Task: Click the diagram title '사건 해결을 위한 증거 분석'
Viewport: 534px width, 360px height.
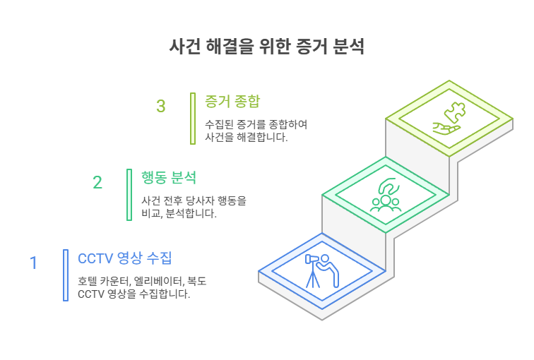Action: [x=267, y=47]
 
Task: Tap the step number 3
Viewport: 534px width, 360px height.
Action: [x=161, y=106]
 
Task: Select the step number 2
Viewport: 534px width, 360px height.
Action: [x=97, y=182]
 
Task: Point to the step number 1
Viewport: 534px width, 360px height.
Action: [x=33, y=263]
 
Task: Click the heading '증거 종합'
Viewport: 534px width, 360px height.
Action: [x=232, y=102]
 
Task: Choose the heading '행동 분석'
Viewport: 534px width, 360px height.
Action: [x=169, y=178]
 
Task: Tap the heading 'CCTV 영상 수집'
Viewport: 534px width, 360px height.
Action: [x=124, y=258]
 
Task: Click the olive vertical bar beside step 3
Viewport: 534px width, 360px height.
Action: [x=193, y=119]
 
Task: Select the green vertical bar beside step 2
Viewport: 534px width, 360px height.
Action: [x=129, y=195]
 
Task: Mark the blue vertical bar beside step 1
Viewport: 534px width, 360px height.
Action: [x=66, y=275]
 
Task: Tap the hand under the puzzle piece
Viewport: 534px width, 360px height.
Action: [x=446, y=128]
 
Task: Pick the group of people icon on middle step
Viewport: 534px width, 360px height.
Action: [x=386, y=203]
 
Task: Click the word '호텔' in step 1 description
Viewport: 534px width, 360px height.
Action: [x=84, y=282]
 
